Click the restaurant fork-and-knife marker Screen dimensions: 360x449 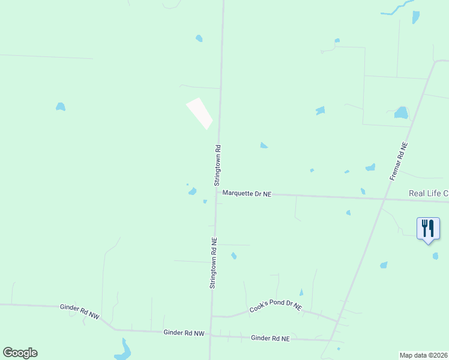(x=428, y=229)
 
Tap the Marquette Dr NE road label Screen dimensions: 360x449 (x=247, y=193)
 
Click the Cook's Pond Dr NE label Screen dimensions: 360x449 (x=276, y=308)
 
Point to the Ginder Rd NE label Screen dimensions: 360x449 (x=270, y=338)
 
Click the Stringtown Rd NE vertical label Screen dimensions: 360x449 (x=213, y=263)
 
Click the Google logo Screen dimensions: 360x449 (x=20, y=353)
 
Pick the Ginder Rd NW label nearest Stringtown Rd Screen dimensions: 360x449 (x=184, y=333)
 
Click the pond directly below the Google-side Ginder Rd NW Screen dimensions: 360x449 (x=124, y=350)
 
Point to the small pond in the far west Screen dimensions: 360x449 (x=60, y=107)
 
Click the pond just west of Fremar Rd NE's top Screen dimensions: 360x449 (x=401, y=112)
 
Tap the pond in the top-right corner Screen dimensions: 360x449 (x=415, y=17)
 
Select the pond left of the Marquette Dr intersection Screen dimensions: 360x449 (x=192, y=191)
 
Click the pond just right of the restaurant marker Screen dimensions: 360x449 (x=435, y=256)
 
